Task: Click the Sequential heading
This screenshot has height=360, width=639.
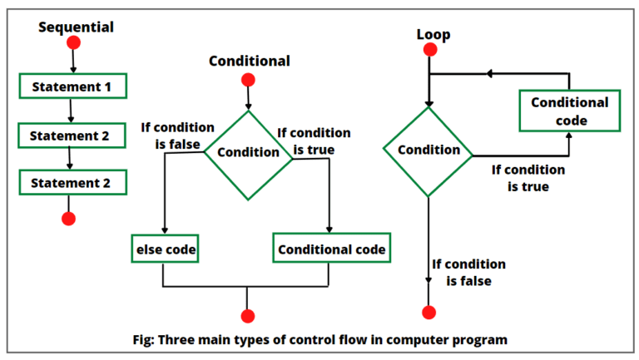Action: coord(76,27)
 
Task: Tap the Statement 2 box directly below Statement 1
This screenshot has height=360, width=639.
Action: coord(71,134)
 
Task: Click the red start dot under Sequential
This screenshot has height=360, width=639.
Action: coord(73,43)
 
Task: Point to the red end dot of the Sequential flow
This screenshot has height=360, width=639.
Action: coord(69,219)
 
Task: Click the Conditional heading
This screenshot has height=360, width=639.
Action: coord(249,61)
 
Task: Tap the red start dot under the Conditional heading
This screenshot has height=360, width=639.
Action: coord(247,80)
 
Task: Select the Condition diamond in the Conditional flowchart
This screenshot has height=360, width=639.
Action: coord(248,152)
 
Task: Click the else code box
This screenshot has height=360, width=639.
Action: coord(165,249)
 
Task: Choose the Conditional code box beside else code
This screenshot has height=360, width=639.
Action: coord(332,249)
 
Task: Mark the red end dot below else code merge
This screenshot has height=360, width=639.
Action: coord(247,316)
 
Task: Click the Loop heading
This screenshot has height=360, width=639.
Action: coord(433,35)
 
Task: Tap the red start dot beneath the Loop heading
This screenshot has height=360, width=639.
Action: coord(429,50)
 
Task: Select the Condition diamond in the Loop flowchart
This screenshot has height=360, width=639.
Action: coord(428,150)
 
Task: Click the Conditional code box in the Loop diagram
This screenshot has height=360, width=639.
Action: coord(569,111)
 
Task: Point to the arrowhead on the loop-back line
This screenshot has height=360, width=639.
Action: coord(490,73)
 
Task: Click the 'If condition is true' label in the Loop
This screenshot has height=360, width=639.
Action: coord(528,178)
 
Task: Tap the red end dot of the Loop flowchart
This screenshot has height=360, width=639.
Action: coord(429,313)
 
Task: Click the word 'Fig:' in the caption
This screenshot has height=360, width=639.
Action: coord(147,339)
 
